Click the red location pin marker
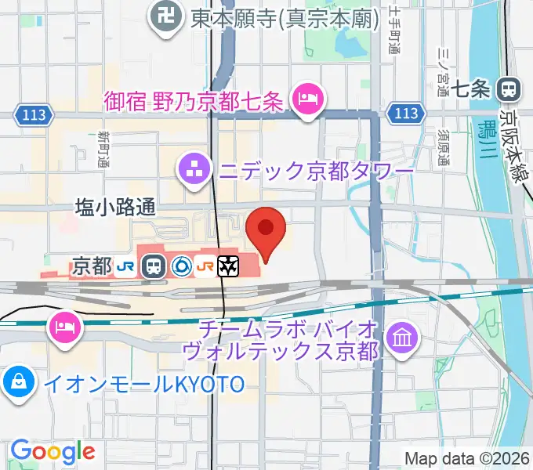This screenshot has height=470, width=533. (x=266, y=230)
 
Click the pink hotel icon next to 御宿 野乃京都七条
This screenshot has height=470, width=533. (x=303, y=99)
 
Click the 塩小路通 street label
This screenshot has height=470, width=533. (x=115, y=207)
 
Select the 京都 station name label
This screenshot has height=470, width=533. (x=91, y=266)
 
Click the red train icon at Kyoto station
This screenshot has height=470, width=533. (x=154, y=266)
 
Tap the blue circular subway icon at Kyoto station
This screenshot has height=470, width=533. (x=179, y=266)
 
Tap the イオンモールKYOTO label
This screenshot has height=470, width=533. (x=144, y=384)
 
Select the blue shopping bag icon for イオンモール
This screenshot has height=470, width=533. (x=17, y=383)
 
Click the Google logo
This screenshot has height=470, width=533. (x=53, y=450)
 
